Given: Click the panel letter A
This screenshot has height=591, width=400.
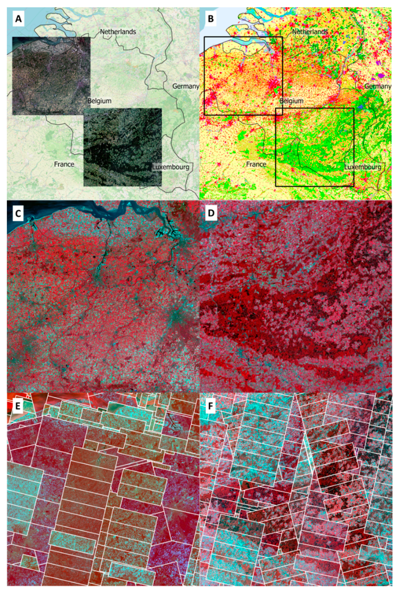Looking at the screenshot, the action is (18, 19).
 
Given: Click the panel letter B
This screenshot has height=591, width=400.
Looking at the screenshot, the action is (211, 19).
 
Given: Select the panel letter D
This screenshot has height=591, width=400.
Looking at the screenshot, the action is (211, 213).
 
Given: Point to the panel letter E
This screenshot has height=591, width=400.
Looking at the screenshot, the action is (18, 406).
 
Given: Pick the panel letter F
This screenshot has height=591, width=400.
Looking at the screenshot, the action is (210, 406).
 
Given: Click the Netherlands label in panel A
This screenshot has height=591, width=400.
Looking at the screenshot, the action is (118, 32).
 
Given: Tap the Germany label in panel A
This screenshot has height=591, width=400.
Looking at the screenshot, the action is (186, 86).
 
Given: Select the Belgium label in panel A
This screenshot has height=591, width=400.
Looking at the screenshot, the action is (99, 101).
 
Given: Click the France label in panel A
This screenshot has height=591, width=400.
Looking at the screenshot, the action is (64, 164).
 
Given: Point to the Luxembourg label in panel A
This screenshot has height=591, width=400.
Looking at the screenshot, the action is (171, 167).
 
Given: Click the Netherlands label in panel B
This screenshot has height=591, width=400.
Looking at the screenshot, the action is (310, 32).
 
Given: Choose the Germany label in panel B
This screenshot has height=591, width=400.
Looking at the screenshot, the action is (378, 86).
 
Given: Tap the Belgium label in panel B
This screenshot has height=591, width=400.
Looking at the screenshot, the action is (291, 101).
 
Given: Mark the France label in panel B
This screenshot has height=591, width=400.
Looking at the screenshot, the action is (256, 164).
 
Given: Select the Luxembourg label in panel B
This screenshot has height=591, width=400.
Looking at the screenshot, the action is (363, 167).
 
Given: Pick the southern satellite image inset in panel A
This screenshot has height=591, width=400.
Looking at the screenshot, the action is (122, 147).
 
